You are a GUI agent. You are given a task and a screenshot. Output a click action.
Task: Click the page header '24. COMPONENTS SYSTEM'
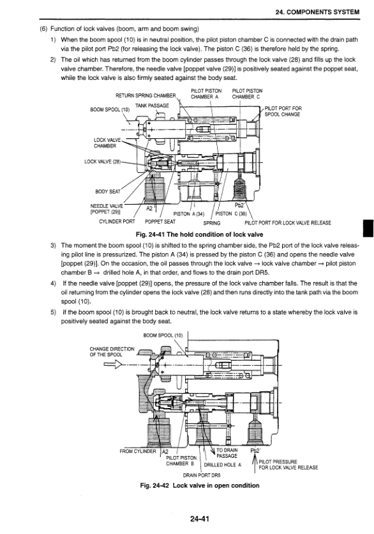[317, 12]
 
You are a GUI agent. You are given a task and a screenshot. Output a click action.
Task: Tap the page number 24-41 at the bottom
[200, 519]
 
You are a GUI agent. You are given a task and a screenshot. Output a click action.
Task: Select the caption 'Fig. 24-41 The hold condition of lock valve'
[199, 234]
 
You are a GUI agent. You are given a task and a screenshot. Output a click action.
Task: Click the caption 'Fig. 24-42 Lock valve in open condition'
[200, 485]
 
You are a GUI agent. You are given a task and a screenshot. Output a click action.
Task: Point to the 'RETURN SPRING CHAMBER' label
[146, 95]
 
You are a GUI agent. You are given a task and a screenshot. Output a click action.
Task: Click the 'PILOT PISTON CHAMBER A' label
[206, 93]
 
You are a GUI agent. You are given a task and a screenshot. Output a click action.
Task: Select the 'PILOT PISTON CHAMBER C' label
[247, 93]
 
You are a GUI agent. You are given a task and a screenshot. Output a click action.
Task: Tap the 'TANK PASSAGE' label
[152, 106]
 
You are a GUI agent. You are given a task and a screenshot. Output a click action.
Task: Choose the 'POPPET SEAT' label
[160, 222]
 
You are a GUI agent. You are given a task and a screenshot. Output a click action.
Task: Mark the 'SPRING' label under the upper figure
[212, 223]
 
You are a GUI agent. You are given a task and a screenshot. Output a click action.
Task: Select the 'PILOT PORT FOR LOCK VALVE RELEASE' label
[288, 223]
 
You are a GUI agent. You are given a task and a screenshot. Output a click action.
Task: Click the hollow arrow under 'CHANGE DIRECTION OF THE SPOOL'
[112, 365]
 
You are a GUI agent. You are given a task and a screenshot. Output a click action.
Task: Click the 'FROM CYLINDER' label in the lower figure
[138, 452]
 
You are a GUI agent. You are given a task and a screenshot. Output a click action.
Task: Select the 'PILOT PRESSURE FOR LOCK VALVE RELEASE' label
[288, 464]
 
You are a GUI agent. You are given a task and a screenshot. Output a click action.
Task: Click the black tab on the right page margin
[368, 228]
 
